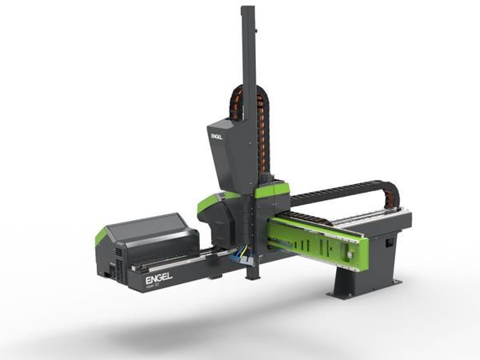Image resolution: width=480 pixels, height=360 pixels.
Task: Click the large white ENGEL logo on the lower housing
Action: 158,279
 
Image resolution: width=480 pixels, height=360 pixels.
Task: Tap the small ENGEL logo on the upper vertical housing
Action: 216,137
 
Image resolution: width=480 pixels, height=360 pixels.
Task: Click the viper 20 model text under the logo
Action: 154,286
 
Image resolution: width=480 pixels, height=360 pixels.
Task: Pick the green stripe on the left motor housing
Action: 101,236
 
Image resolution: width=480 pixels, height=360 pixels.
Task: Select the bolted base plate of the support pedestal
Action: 364,290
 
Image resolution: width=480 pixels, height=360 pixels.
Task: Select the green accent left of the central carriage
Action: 213,201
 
